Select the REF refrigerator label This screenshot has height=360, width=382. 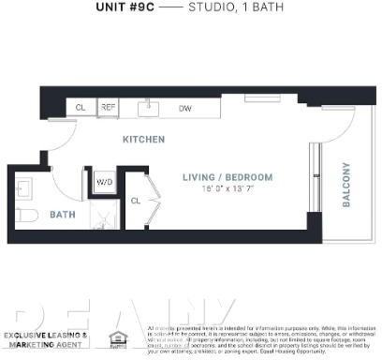(x=108, y=108)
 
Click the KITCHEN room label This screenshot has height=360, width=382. (x=143, y=140)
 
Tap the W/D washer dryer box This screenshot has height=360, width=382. (x=103, y=182)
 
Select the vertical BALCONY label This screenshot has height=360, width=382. (x=345, y=184)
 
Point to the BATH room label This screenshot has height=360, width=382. (x=62, y=215)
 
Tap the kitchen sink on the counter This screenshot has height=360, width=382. (x=150, y=108)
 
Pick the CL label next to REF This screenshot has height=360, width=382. (x=81, y=108)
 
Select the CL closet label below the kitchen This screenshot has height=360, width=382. (x=136, y=201)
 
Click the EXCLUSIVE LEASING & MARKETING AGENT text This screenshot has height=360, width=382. (x=46, y=339)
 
